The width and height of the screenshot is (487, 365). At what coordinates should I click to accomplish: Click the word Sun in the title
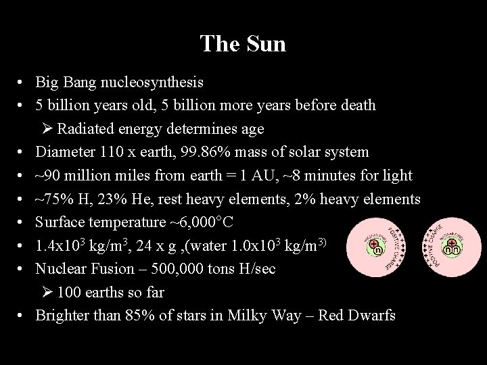click(x=267, y=44)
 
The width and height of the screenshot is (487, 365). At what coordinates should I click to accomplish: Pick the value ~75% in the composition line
click(x=51, y=199)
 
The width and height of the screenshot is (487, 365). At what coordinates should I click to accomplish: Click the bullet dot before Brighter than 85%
click(x=22, y=316)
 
